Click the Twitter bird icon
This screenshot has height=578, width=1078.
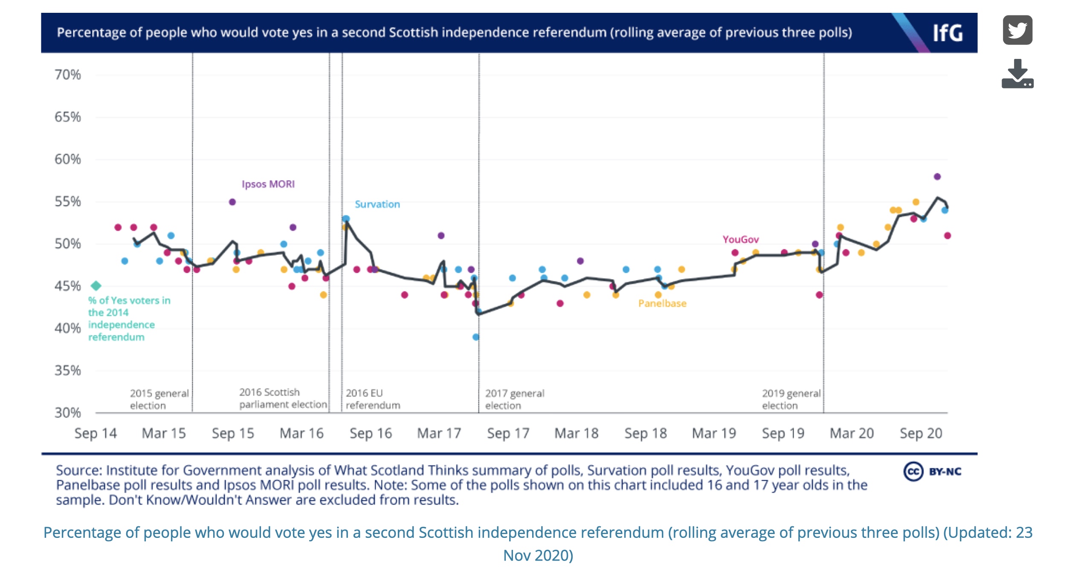click(x=1017, y=30)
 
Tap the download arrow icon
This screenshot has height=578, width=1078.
click(x=1017, y=73)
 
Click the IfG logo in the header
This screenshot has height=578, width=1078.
click(x=948, y=33)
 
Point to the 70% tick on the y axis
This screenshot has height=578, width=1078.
click(x=67, y=75)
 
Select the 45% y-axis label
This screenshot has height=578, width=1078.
click(x=67, y=286)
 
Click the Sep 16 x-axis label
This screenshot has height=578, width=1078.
click(x=371, y=433)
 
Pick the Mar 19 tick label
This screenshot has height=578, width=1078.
click(x=714, y=433)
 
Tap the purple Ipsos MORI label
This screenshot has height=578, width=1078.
click(x=268, y=184)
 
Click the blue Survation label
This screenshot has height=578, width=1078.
click(x=377, y=204)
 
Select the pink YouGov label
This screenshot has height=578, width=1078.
click(x=741, y=239)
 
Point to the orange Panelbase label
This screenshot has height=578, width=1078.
click(x=662, y=304)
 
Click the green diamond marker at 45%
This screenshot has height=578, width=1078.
click(x=96, y=286)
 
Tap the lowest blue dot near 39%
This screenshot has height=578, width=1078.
click(x=476, y=337)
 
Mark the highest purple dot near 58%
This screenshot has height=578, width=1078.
click(x=937, y=176)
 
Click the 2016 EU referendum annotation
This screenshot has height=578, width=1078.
click(x=373, y=399)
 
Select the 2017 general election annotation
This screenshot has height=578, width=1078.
click(x=514, y=399)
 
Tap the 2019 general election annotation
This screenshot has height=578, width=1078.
click(x=791, y=399)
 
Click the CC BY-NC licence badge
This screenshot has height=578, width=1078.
click(x=933, y=471)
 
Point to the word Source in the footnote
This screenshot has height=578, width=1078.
click(x=79, y=470)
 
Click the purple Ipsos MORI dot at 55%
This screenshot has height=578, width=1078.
click(x=232, y=202)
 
